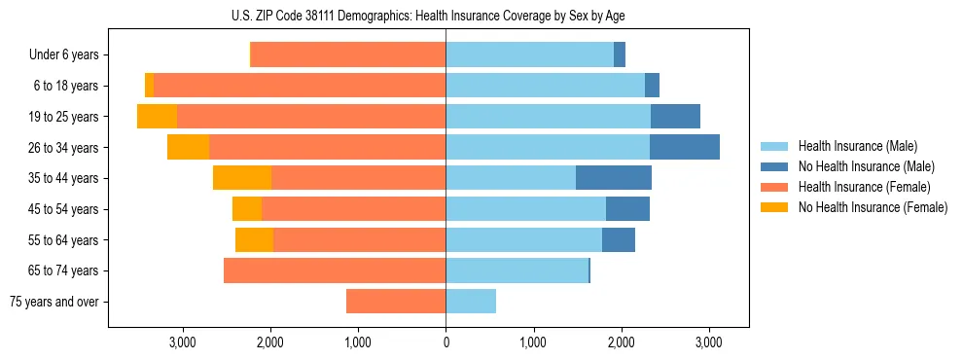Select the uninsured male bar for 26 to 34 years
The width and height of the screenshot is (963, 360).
click(685, 148)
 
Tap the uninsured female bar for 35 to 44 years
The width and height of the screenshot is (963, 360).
click(242, 178)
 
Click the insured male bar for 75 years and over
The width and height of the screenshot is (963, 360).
click(471, 302)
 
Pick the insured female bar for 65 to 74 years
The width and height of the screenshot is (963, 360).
click(335, 270)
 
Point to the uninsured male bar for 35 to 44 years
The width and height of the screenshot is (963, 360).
click(614, 178)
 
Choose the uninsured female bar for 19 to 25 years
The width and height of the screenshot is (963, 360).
click(157, 117)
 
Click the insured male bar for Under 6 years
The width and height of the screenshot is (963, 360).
click(529, 55)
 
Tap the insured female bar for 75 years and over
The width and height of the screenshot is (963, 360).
click(396, 302)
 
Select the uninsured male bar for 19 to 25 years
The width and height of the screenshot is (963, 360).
click(675, 117)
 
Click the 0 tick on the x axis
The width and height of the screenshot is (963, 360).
click(446, 342)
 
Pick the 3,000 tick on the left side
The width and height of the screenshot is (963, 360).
click(183, 342)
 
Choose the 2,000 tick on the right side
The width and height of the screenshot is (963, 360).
click(621, 342)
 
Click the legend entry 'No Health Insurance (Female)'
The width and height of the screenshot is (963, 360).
click(873, 207)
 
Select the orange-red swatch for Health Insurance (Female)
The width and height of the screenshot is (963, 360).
click(774, 187)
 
